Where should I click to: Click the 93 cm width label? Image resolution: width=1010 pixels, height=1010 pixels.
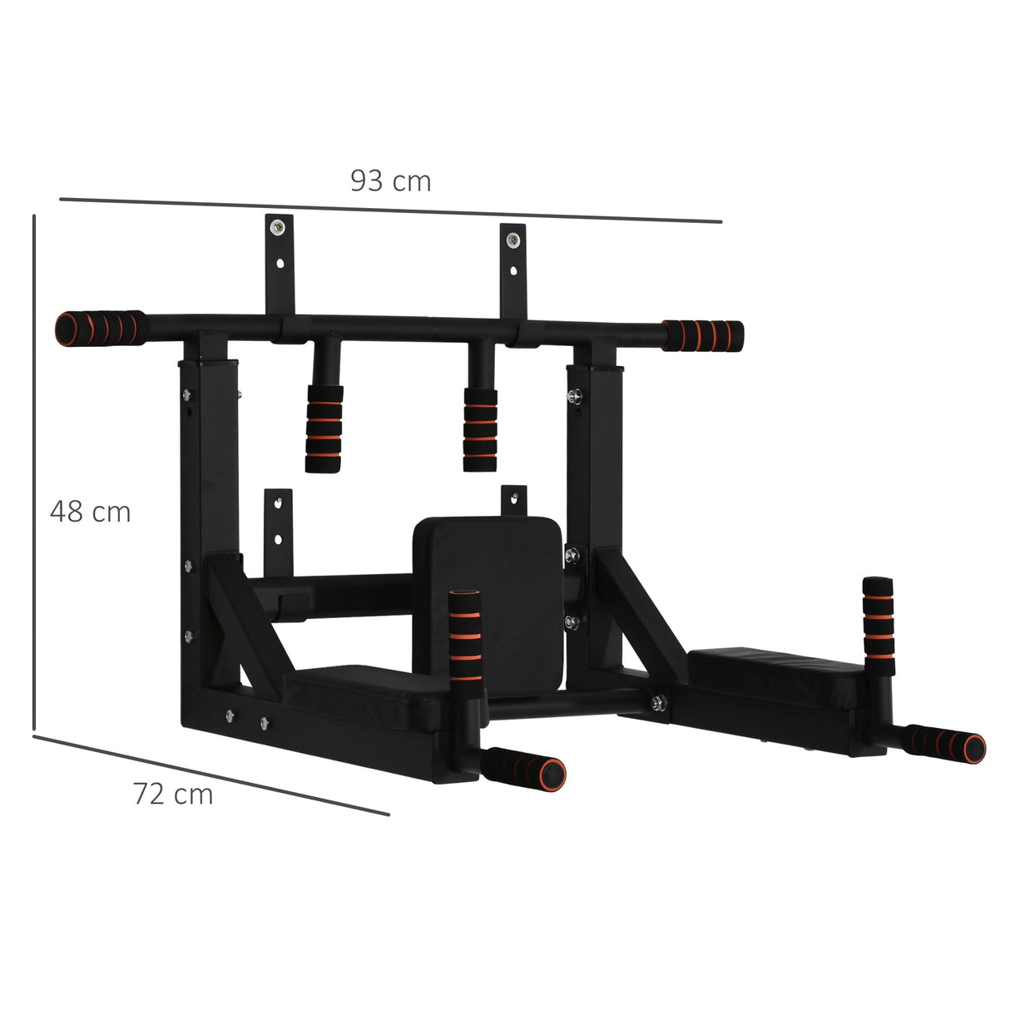390,181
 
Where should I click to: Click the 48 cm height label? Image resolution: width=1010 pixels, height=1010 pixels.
90,511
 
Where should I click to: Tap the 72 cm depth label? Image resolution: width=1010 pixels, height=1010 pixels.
173,795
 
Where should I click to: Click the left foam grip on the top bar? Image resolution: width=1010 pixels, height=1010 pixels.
98,327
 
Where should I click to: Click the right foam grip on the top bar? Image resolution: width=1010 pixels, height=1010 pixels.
703,334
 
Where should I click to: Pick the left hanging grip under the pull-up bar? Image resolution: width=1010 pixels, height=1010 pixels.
324,428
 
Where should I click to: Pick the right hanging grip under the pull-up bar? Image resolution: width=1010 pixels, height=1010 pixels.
480,428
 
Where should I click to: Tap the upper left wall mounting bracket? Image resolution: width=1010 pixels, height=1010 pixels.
280,262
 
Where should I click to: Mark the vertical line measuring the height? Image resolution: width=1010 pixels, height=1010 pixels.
34,474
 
